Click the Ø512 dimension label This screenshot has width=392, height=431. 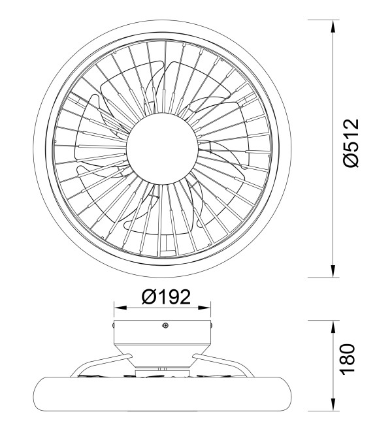point(351,142)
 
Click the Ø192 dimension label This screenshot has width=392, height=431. point(166,297)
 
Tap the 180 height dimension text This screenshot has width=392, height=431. point(348,359)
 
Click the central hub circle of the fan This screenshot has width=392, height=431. point(162,149)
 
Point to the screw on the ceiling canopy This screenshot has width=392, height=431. point(165,325)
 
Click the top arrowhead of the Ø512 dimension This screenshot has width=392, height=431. point(333,26)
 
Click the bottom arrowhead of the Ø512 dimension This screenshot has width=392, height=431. point(333,271)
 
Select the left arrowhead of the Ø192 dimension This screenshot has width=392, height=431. point(120,308)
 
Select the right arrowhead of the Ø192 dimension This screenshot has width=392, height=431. point(204,308)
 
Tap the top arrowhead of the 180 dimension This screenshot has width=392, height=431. point(333,327)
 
